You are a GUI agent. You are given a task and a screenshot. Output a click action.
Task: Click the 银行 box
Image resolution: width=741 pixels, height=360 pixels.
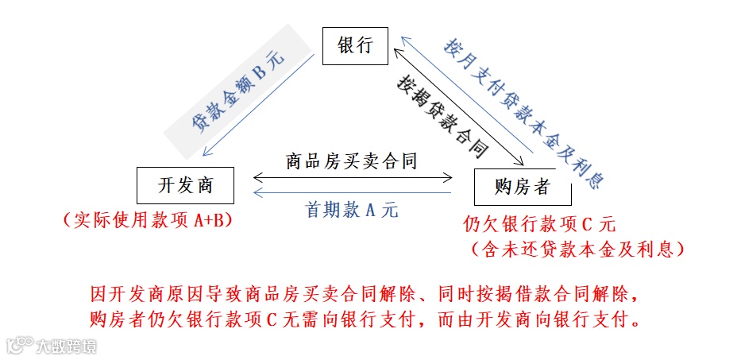(354, 45)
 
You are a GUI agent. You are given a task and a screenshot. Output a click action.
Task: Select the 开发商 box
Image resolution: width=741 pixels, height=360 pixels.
(185, 186)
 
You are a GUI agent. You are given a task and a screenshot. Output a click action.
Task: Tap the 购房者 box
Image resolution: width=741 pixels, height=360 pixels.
(522, 188)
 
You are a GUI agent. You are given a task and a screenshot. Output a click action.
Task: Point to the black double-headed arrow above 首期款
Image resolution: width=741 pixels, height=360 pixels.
(352, 177)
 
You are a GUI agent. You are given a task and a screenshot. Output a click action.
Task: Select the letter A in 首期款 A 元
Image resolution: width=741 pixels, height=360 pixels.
(369, 211)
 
